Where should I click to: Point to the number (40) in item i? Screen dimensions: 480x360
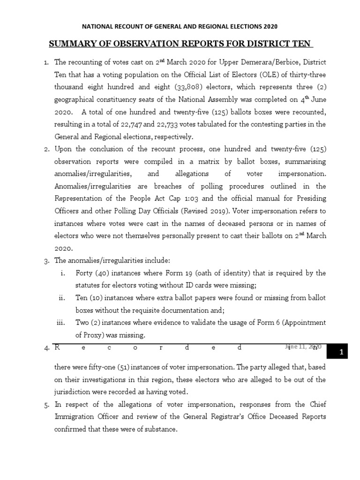click(x=101, y=273)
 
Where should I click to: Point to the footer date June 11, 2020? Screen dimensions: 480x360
click(x=302, y=347)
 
